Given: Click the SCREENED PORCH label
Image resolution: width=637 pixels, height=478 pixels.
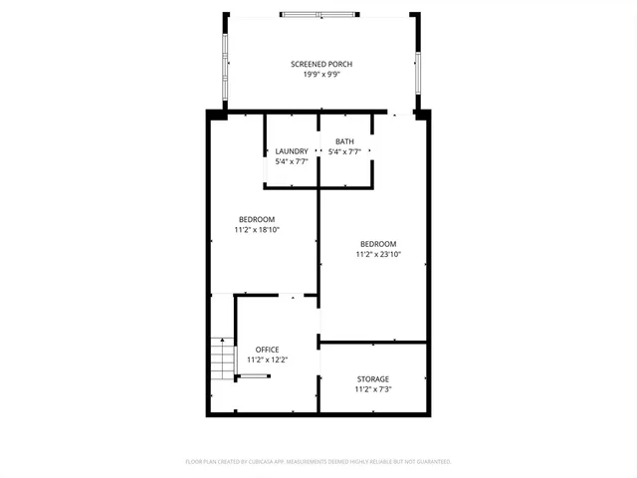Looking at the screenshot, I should (x=321, y=64).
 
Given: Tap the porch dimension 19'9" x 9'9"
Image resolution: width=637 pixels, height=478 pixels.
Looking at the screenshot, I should (x=321, y=74).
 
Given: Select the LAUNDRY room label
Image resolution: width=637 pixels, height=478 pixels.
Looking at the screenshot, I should (x=292, y=151).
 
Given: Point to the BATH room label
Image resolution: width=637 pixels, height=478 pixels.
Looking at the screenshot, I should (x=344, y=141).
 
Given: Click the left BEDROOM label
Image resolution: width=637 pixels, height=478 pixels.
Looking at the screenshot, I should (x=257, y=219).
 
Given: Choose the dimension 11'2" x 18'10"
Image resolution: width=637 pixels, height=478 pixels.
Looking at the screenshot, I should (x=257, y=230).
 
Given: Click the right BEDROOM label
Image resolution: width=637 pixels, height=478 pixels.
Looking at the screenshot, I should (x=378, y=244).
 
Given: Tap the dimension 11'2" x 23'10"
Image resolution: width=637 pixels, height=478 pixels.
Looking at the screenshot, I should (x=378, y=254).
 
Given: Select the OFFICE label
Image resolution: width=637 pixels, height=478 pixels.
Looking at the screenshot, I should (x=267, y=350).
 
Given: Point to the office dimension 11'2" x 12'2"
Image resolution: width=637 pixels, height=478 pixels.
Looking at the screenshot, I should (x=267, y=359).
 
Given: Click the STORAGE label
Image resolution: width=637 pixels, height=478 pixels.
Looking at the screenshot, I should (x=373, y=378).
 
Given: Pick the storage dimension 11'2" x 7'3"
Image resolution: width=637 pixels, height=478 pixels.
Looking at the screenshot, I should (x=373, y=388).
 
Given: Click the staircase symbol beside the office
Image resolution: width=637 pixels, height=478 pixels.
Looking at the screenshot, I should (x=221, y=360).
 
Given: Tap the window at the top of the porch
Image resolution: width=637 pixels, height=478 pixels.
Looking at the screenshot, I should (x=319, y=14).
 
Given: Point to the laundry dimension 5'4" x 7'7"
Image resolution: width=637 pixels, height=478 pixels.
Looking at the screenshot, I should (x=292, y=161).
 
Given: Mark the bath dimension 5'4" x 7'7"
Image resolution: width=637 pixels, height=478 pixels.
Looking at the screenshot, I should (x=344, y=151).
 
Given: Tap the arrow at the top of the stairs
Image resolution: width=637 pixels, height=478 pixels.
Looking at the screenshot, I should (x=222, y=342).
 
